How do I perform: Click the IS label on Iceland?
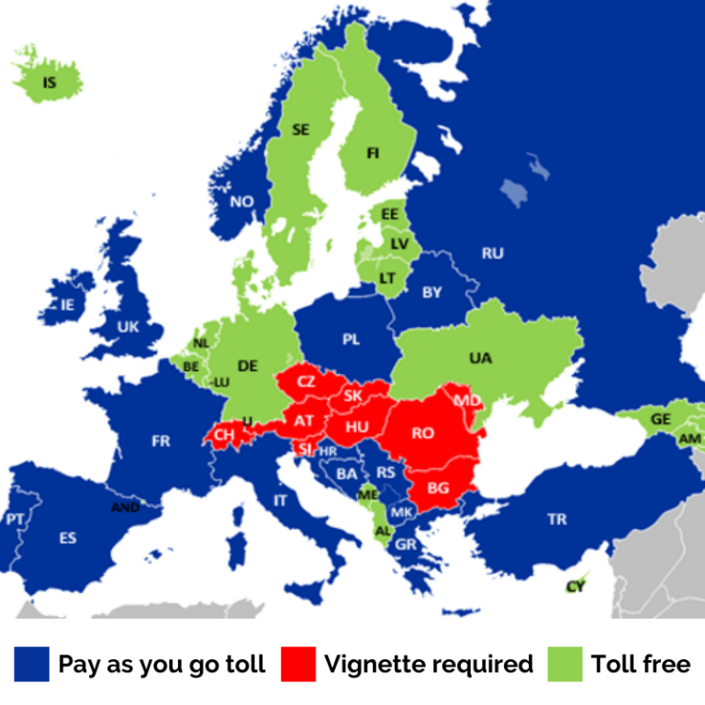click(x=50, y=83)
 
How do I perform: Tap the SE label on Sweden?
click(x=300, y=129)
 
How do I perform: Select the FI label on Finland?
click(x=373, y=153)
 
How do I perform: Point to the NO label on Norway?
click(x=241, y=202)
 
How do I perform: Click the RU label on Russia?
click(x=493, y=253)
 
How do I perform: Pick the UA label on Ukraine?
click(x=480, y=359)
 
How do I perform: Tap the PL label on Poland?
click(x=352, y=340)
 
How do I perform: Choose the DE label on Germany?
click(x=248, y=365)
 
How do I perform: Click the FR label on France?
click(x=161, y=442)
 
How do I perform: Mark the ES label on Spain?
click(x=68, y=538)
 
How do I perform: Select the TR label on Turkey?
click(x=557, y=520)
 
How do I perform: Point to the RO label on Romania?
click(x=422, y=433)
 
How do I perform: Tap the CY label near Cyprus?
click(x=576, y=587)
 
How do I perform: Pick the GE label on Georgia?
click(x=660, y=419)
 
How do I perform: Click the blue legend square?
click(x=32, y=664)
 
